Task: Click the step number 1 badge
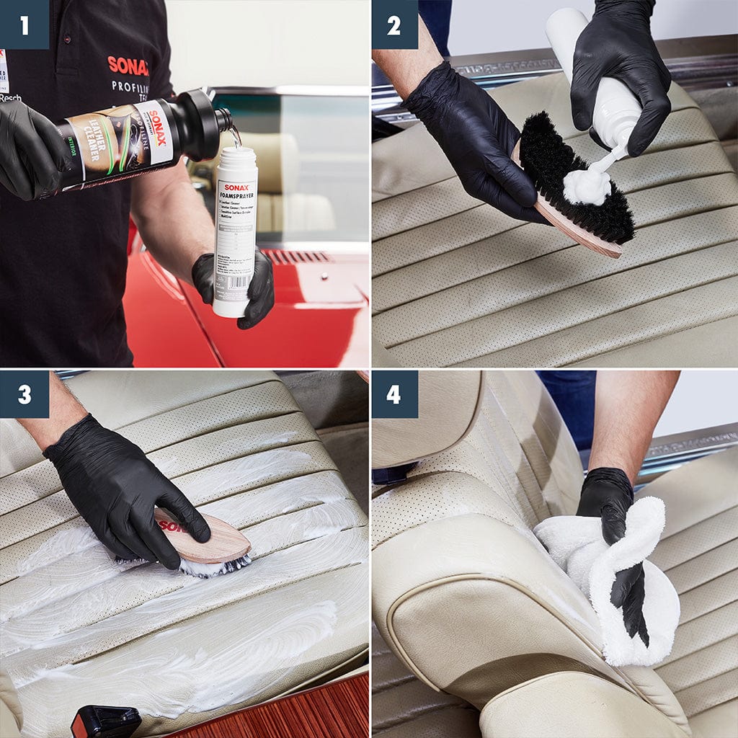click(x=25, y=25)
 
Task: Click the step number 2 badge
click(x=394, y=25)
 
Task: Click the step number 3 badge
click(x=25, y=394)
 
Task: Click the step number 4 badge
click(x=394, y=394)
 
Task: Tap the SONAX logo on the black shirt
click(x=128, y=66)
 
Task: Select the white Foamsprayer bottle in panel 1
click(x=235, y=231)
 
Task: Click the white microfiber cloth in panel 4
click(x=620, y=577)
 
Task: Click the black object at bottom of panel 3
click(x=106, y=722)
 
